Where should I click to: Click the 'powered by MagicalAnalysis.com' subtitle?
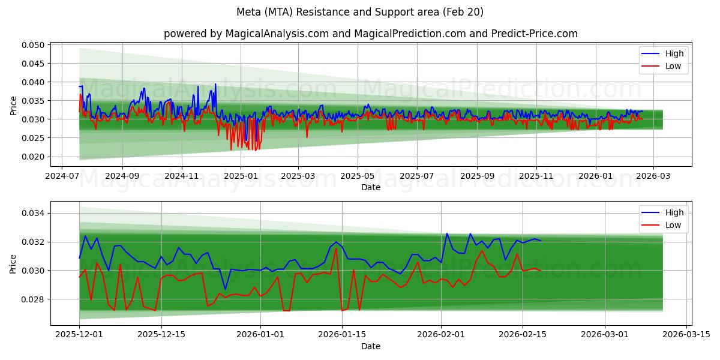point(370,34)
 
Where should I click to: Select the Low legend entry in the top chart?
point(673,66)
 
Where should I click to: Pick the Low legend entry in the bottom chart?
point(673,225)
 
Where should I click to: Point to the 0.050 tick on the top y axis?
point(34,45)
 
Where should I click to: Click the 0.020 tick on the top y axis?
point(34,157)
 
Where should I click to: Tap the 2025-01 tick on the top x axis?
point(240,177)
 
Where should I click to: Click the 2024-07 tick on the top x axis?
point(63,177)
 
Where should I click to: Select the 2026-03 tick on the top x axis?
point(653,177)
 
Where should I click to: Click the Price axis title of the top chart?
point(14,105)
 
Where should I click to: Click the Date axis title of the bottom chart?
point(370,346)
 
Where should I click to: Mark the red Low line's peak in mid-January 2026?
point(336,249)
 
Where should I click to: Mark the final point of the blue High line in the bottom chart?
point(540,241)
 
